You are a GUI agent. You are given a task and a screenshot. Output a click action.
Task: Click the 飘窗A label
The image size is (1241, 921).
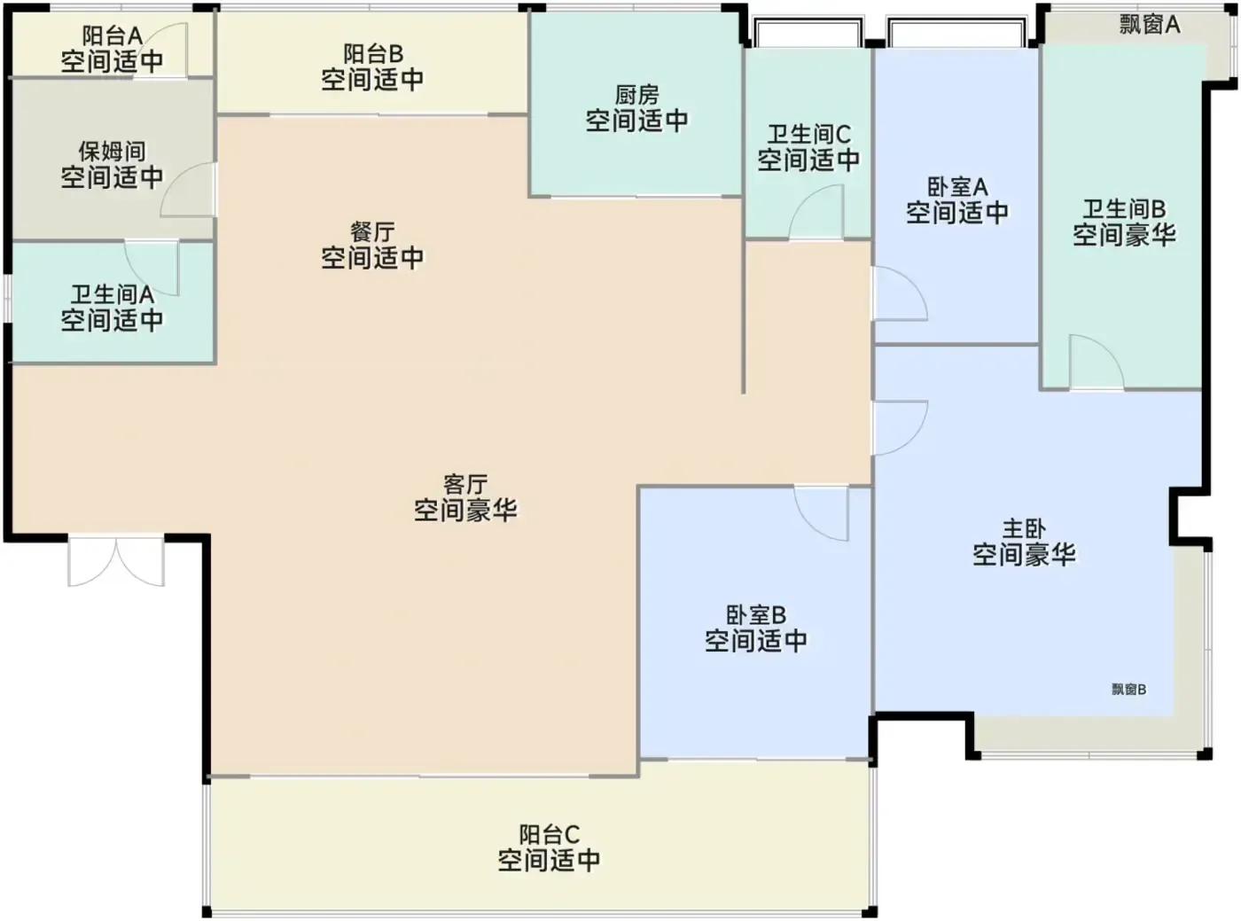click(1149, 25)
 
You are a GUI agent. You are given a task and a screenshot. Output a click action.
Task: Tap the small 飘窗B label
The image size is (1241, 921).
click(1128, 690)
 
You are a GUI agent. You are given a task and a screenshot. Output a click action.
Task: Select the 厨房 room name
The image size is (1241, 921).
click(636, 95)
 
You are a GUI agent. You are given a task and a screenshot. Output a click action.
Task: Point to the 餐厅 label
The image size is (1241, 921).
click(372, 232)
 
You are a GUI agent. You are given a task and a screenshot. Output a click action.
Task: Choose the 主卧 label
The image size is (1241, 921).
click(1024, 529)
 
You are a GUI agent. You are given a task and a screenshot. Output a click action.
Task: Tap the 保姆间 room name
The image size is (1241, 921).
click(112, 152)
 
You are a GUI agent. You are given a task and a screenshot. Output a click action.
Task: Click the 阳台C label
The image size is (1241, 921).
click(549, 835)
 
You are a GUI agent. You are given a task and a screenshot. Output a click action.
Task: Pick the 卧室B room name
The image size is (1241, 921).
click(756, 615)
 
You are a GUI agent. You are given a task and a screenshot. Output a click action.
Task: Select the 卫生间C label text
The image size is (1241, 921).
click(808, 134)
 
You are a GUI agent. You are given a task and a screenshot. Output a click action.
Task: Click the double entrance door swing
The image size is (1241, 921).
click(116, 561)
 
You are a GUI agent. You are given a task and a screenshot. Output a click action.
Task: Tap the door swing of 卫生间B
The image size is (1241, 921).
click(1097, 362)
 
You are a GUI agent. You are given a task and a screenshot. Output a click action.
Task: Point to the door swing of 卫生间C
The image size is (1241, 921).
click(816, 212)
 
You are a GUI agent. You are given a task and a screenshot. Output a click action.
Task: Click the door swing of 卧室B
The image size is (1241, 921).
click(822, 513)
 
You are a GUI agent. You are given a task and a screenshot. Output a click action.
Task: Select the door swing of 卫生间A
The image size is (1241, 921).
click(152, 268)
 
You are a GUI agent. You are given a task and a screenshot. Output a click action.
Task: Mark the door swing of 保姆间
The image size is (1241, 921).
click(187, 189)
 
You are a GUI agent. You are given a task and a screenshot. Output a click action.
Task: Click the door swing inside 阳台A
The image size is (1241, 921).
click(167, 50)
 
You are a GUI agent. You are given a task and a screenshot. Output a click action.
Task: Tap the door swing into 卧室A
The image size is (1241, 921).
click(901, 293)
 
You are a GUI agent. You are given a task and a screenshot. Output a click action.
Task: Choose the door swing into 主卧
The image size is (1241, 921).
click(901, 428)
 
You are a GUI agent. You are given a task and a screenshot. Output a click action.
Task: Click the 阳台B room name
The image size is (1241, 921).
click(372, 54)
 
